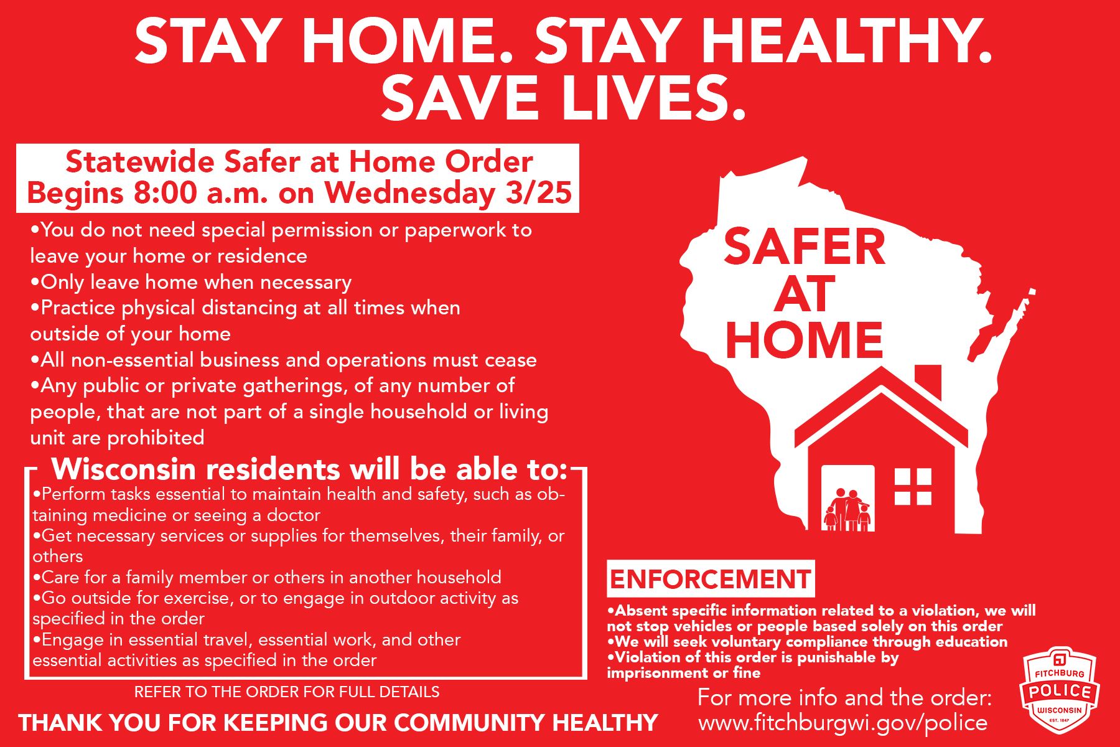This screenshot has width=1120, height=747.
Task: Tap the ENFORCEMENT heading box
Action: [711, 580]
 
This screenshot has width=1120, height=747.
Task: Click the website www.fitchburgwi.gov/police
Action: [842, 723]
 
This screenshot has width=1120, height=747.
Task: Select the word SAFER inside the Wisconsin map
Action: [805, 248]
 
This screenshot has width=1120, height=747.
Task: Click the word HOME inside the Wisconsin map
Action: [805, 341]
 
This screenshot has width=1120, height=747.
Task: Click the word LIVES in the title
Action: [648, 98]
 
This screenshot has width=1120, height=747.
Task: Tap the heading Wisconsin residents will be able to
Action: [309, 469]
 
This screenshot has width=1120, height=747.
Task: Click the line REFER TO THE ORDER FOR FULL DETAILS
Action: [287, 692]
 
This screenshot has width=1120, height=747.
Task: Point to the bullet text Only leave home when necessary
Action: [192, 283]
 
